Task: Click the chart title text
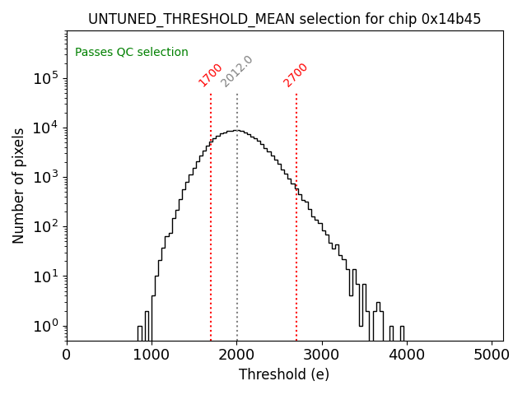point(284,19)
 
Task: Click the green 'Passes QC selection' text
point(132,53)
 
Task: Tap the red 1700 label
point(211,75)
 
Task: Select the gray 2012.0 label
point(237,72)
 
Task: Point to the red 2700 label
point(296,75)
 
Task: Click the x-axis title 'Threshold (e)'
point(284,374)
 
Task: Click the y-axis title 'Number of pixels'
point(19,185)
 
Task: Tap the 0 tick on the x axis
point(67,355)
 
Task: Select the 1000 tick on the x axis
point(152,355)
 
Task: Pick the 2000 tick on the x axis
point(237,355)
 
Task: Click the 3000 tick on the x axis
point(322,355)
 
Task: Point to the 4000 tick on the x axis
point(407,355)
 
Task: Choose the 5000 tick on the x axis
point(492,355)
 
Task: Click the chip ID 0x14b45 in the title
point(450,19)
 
